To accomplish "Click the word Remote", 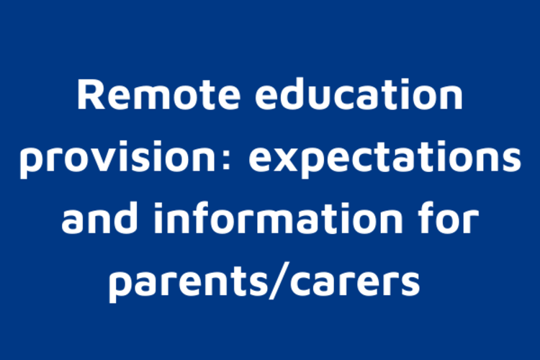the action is point(159,94).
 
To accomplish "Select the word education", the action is point(359,94).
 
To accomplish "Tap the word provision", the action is point(118,157).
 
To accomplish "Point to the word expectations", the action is point(384,158).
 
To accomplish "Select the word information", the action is point(278,217).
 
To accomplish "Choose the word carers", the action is point(356,284).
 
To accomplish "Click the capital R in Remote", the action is point(91,94).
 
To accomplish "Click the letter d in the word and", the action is point(123,217).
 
